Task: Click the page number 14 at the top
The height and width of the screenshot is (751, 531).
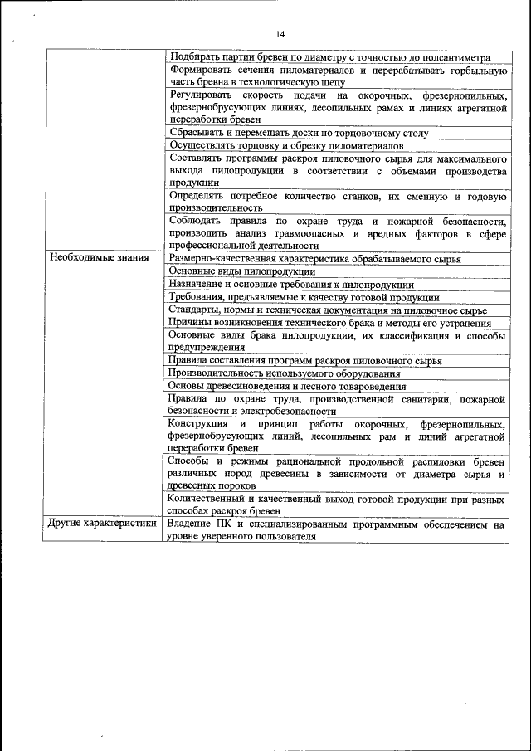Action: tap(280, 33)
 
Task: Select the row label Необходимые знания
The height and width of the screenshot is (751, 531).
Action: tap(100, 258)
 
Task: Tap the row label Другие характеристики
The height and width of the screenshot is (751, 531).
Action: tap(101, 524)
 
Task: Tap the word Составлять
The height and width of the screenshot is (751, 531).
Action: tap(196, 158)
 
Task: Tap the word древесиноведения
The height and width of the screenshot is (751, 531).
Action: tap(253, 385)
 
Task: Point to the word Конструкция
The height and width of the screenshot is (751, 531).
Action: tap(197, 423)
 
